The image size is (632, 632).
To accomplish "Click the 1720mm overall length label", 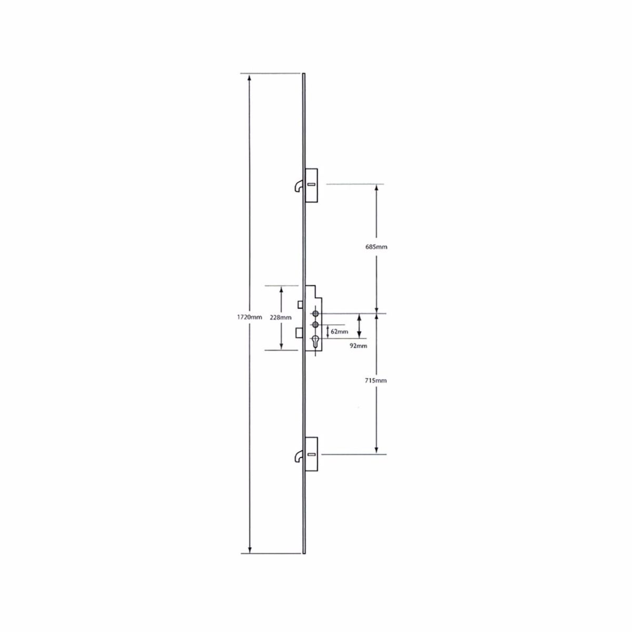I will [249, 317].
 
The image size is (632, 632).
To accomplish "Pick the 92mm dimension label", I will [358, 346].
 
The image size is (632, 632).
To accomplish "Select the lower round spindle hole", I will [315, 324].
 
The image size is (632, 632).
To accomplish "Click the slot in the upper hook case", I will [311, 184].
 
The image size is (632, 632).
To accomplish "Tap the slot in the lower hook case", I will [311, 454].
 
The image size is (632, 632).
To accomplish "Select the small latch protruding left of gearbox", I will [300, 304].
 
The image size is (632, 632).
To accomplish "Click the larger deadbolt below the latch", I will [299, 333].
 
